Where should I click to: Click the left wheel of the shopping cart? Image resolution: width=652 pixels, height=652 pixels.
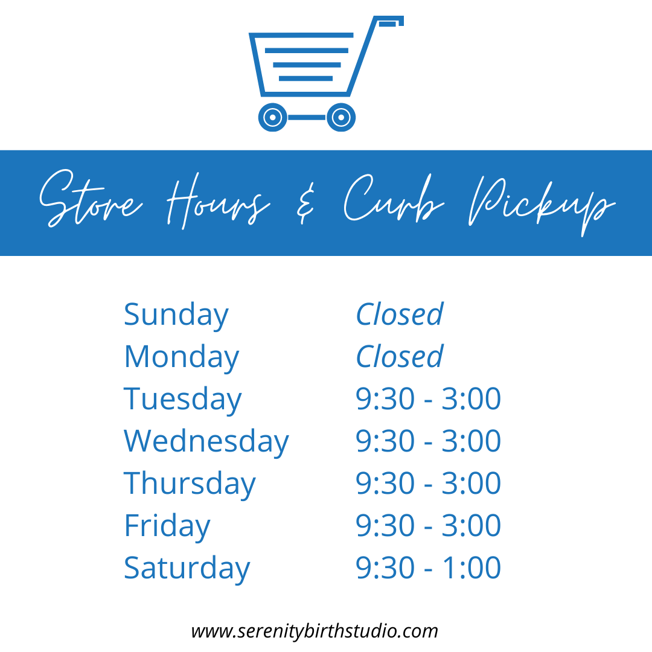[273, 117]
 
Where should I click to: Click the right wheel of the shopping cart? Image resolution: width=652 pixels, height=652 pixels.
[341, 117]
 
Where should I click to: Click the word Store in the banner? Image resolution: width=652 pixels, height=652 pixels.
[91, 199]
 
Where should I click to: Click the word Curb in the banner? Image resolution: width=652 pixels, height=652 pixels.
[394, 197]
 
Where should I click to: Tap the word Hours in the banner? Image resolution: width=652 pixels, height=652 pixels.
[219, 201]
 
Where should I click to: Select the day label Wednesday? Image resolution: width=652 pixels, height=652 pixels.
[206, 442]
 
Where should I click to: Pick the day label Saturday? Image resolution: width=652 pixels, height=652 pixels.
[187, 569]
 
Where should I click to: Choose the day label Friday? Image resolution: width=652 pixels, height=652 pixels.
[167, 526]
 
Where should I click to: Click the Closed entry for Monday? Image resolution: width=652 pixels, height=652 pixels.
[400, 357]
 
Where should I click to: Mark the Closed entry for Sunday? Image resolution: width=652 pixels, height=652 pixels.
[400, 315]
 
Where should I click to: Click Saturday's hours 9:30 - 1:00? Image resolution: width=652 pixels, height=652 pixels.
[428, 567]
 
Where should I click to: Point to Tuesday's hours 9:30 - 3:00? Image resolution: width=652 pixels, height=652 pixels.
[428, 399]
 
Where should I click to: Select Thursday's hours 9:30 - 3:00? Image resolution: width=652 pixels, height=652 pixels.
[428, 483]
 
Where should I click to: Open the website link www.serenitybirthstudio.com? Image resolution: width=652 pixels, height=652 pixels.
[315, 631]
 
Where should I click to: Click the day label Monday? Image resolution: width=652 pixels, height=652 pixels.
[182, 357]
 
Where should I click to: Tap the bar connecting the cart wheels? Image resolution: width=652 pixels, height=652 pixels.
[307, 117]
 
